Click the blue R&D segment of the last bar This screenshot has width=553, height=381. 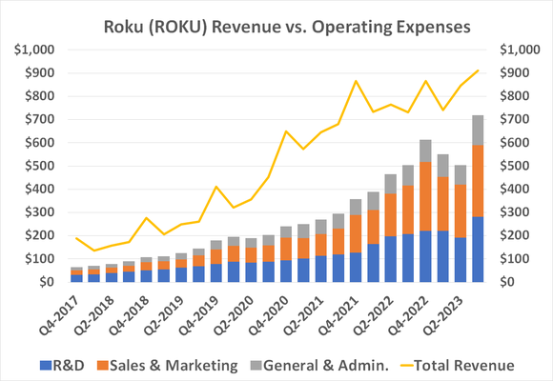(477, 250)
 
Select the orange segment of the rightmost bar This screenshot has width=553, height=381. (477, 181)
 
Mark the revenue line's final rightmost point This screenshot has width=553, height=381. (477, 70)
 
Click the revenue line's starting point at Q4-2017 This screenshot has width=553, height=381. (76, 238)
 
